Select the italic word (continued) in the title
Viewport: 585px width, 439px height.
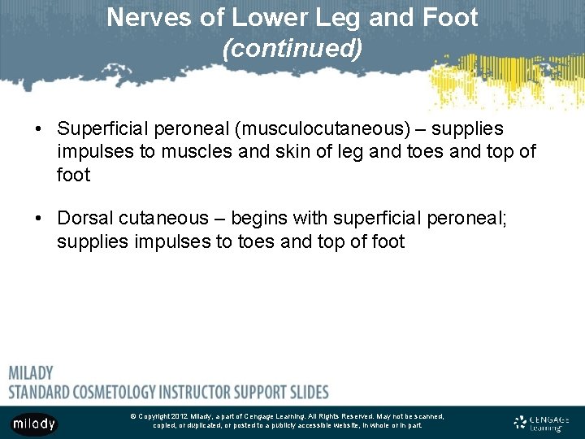tap(292, 49)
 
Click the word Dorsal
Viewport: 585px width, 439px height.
tap(88, 219)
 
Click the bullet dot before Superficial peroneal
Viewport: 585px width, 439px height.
tap(38, 129)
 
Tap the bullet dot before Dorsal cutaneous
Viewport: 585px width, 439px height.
tap(38, 219)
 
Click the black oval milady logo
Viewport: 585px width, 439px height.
tap(34, 424)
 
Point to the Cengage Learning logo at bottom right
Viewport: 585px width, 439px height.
tap(542, 422)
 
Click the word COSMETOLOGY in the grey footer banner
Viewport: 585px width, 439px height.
tap(121, 391)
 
